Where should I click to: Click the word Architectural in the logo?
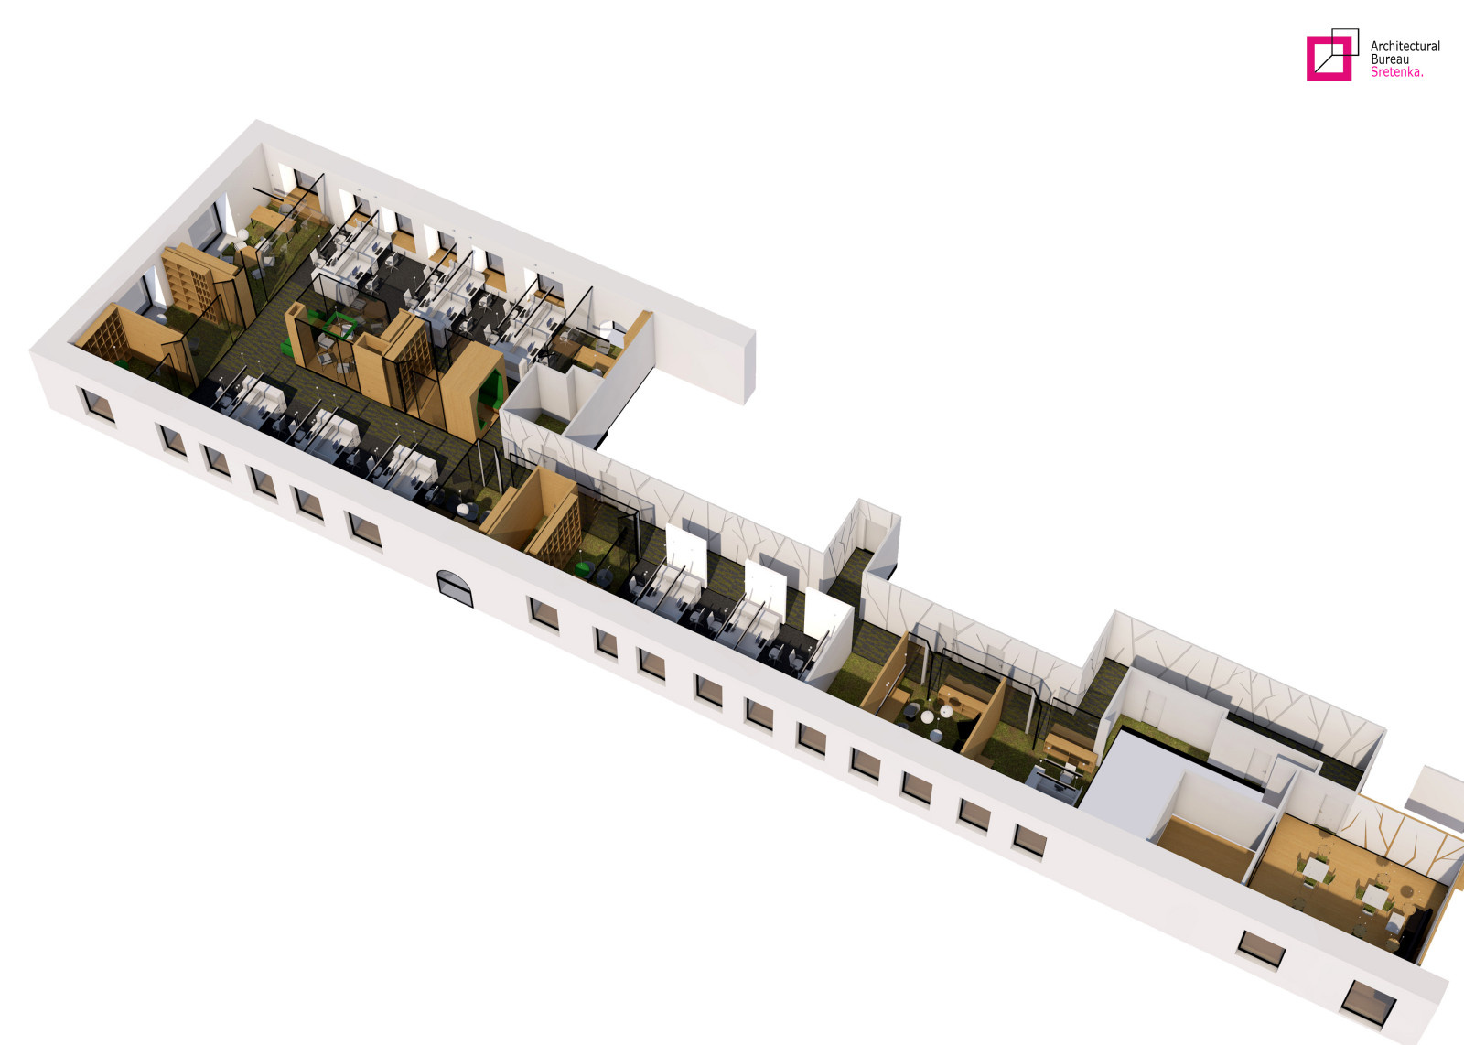pyautogui.click(x=1405, y=47)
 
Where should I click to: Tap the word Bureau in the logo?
pyautogui.click(x=1390, y=59)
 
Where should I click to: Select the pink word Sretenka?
pyautogui.click(x=1396, y=72)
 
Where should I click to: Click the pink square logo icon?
pyautogui.click(x=1329, y=59)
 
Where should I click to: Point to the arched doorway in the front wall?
pyautogui.click(x=455, y=588)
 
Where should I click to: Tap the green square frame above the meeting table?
pyautogui.click(x=339, y=325)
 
